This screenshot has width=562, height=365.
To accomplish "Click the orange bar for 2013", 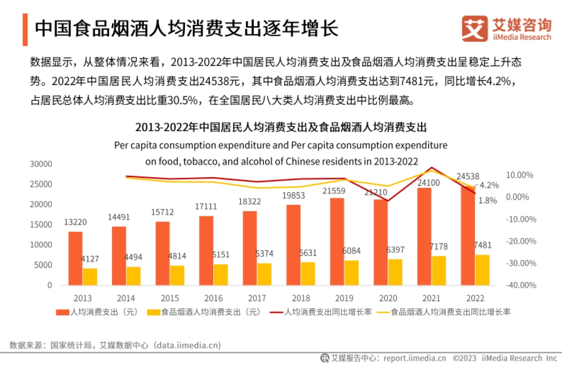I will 75,258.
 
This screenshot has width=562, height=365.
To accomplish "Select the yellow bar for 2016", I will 221,275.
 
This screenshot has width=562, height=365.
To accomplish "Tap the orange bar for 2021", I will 424,236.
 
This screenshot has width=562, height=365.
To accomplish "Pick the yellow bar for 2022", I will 482,270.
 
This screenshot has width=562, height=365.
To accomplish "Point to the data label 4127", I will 90,259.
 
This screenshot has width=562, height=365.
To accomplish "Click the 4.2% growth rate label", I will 489,185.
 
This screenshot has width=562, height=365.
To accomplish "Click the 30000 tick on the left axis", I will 40,164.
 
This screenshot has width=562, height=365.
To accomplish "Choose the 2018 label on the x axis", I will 301,298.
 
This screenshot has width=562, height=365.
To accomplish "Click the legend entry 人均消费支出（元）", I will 96,312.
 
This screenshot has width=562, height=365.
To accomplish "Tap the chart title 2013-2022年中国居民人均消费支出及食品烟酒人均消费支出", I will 281,127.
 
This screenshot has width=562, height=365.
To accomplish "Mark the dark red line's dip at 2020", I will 388,201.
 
